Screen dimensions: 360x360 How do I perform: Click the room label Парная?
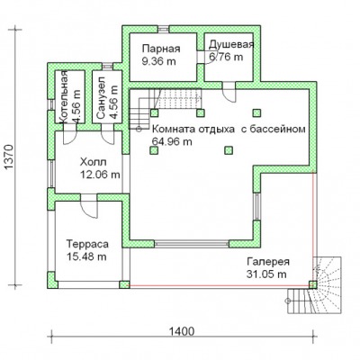[x=161, y=49]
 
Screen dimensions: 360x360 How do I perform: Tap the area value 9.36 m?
[x=158, y=61]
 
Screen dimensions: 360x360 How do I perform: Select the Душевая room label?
[x=231, y=44]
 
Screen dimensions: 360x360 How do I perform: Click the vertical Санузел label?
[x=101, y=97]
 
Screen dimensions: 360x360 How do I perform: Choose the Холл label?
[x=93, y=162]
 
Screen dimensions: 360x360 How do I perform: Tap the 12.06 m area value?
[x=100, y=175]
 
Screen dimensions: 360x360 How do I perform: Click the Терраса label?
[x=87, y=244]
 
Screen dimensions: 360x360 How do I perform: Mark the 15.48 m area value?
[x=86, y=256]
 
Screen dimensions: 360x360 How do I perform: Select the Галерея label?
[x=268, y=261]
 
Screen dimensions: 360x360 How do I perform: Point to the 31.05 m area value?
[x=266, y=274]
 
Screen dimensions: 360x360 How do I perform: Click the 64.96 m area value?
[x=172, y=141]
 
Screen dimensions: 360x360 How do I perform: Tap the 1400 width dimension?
[x=182, y=331]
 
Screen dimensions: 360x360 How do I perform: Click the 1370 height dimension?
[x=10, y=157]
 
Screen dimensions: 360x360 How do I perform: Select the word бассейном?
[x=276, y=129]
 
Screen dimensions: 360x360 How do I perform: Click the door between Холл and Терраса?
[x=89, y=205]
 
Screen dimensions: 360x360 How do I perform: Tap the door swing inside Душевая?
[x=205, y=58]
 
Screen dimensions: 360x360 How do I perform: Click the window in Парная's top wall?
[x=164, y=29]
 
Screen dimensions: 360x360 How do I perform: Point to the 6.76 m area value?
[x=226, y=57]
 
